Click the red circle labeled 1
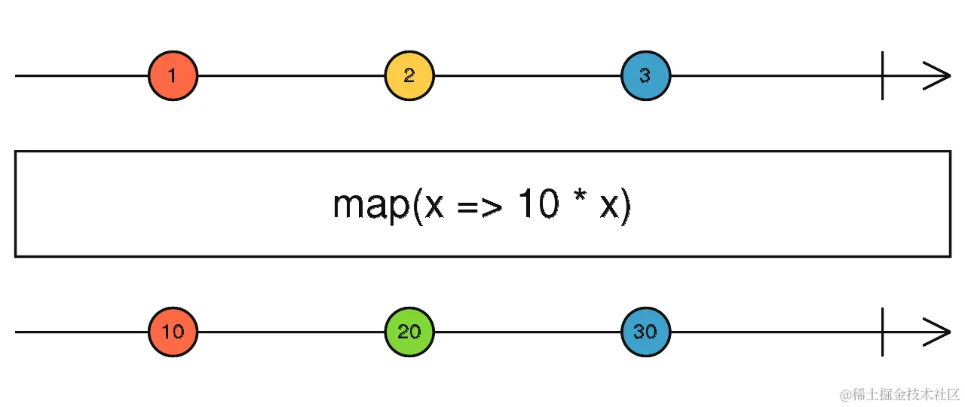[173, 75]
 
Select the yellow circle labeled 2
[409, 75]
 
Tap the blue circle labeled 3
[645, 75]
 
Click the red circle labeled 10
[173, 332]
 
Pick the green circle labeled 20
[409, 332]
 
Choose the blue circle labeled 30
[645, 332]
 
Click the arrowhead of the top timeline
[939, 75]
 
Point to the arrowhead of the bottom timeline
[939, 332]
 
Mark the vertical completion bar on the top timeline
[883, 75]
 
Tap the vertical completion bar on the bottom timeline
[883, 332]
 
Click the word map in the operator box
[369, 205]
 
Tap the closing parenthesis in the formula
[625, 207]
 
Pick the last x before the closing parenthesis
[608, 207]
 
